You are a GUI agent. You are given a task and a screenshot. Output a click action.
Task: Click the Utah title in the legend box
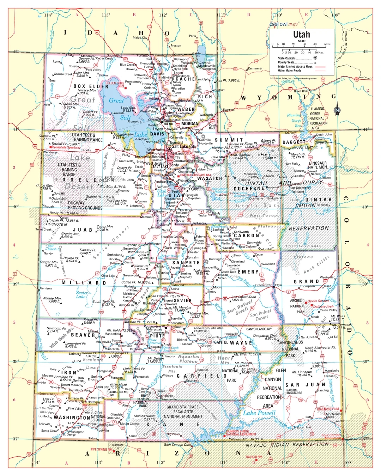[x=302, y=35]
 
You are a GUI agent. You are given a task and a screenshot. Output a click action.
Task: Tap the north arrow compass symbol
[x=337, y=109]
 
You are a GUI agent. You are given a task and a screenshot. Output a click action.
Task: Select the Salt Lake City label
[x=184, y=146]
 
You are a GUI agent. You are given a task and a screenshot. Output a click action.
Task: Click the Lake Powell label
[x=259, y=413]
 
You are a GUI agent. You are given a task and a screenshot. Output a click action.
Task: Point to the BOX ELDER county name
[x=91, y=86]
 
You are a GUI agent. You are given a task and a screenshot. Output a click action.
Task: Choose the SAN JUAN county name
[x=305, y=385]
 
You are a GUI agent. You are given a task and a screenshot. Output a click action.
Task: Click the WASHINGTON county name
[x=72, y=417]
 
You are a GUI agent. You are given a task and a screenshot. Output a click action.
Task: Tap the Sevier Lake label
[x=82, y=294]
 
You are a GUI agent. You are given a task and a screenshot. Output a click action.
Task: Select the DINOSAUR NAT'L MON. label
[x=318, y=165]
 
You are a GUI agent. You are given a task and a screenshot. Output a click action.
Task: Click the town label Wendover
[x=50, y=153]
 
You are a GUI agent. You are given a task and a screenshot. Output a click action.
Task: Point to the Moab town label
[x=315, y=317]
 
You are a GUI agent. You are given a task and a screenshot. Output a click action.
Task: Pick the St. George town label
[x=69, y=434]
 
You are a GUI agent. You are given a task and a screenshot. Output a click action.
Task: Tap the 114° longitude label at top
[x=48, y=15]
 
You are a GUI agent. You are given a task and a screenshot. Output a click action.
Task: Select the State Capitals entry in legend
[x=286, y=59]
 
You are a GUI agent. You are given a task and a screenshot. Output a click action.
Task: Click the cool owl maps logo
[x=284, y=24]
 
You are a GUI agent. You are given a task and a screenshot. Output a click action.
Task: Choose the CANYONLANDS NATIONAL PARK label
[x=290, y=349]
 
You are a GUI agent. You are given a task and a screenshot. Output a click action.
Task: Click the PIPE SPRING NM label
[x=101, y=450]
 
